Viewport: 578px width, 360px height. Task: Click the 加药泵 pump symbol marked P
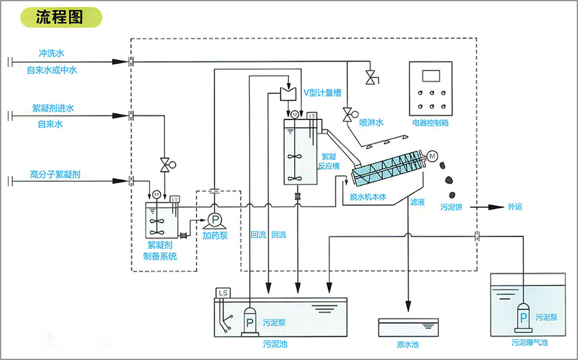pyautogui.click(x=215, y=219)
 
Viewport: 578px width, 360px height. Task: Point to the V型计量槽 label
pyautogui.click(x=322, y=92)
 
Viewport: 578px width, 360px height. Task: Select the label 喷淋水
pyautogui.click(x=371, y=122)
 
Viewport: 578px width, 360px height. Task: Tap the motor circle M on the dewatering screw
pyautogui.click(x=432, y=156)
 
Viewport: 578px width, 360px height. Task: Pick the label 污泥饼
pyautogui.click(x=452, y=207)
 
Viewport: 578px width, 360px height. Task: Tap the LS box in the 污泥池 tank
pyautogui.click(x=223, y=293)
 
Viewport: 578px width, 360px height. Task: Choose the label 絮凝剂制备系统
pyautogui.click(x=160, y=251)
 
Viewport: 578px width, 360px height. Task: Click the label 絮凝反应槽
pyautogui.click(x=328, y=161)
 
